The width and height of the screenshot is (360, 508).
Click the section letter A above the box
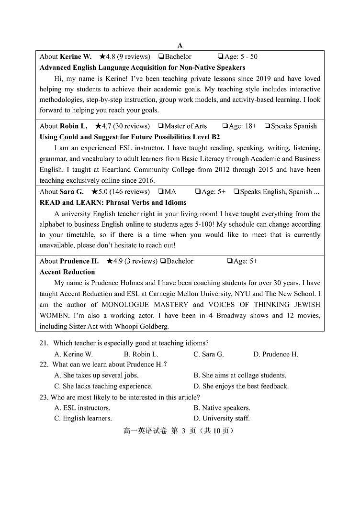point(180,45)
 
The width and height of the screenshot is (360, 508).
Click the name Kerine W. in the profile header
point(76,56)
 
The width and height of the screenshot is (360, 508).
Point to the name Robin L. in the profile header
point(74,126)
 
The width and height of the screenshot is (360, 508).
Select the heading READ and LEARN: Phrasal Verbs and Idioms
point(113,202)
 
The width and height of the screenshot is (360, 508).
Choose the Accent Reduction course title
point(67,272)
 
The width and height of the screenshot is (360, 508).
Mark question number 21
point(44,343)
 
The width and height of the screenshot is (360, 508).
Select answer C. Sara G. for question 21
point(208,354)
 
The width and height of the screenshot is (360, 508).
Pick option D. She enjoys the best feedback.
point(241,386)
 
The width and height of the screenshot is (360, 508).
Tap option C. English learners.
point(83,418)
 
